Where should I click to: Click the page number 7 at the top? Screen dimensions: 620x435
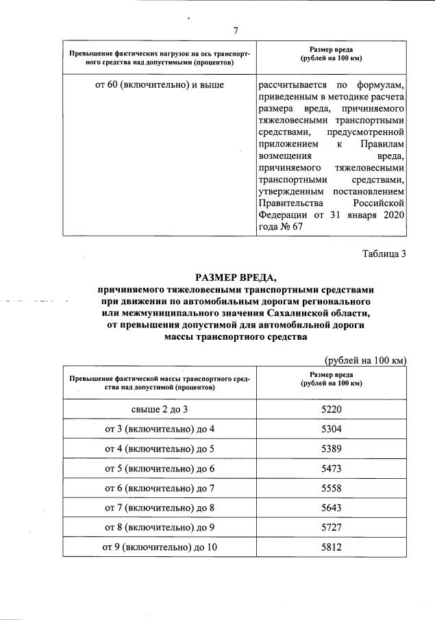(x=235, y=31)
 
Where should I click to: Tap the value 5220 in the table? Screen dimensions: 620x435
(x=331, y=410)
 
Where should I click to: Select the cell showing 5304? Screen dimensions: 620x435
(x=331, y=430)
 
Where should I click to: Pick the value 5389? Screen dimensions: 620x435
(x=331, y=449)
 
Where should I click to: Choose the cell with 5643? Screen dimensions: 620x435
(x=331, y=509)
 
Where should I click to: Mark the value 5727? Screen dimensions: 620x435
(x=331, y=529)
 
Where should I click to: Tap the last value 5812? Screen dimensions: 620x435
(x=331, y=549)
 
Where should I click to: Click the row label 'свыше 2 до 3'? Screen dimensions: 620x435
(x=160, y=410)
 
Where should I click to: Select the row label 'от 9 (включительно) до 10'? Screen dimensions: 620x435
(x=160, y=549)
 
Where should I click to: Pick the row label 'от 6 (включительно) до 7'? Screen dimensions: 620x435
(x=160, y=489)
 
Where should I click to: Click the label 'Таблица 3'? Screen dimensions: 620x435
(x=384, y=255)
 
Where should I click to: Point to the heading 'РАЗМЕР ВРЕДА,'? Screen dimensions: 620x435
(x=235, y=277)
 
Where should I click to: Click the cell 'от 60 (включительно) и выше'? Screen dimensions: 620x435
(x=160, y=86)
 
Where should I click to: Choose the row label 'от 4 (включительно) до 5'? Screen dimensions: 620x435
(x=160, y=449)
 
